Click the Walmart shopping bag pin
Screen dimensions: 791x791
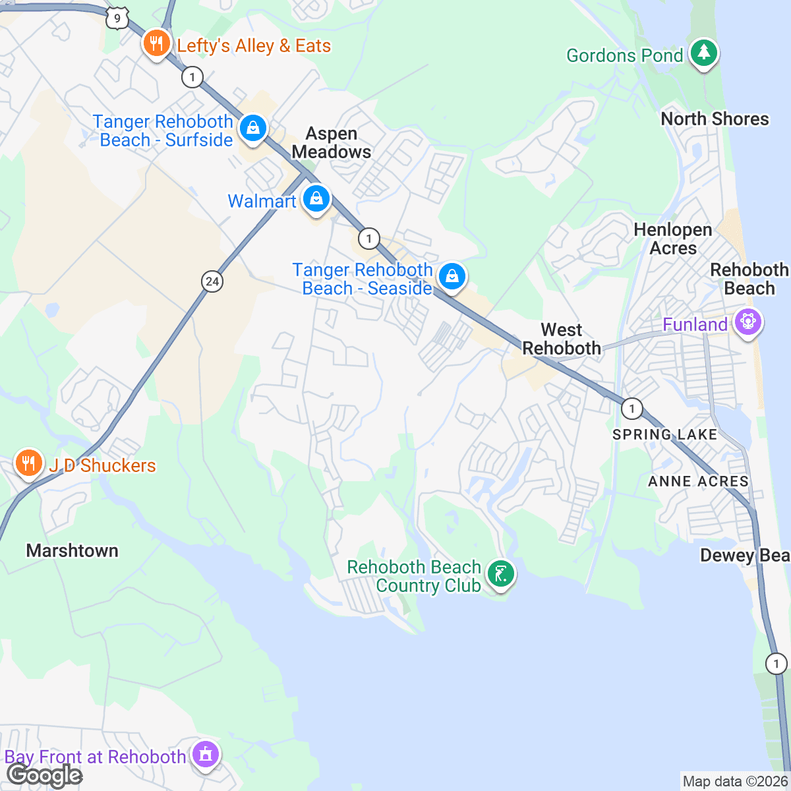click(316, 198)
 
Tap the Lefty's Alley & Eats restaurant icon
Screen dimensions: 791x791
click(156, 44)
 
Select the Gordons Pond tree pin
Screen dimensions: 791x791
click(704, 53)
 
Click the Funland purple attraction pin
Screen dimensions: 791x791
click(747, 322)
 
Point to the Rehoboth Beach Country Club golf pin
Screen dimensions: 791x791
click(501, 574)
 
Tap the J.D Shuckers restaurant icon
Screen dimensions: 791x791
click(28, 463)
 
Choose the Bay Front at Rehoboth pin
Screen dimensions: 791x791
click(205, 754)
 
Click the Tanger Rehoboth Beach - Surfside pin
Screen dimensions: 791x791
click(252, 129)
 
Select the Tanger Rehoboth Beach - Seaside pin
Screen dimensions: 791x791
click(452, 276)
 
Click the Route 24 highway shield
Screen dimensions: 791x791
click(212, 281)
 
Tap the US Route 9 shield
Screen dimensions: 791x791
click(117, 18)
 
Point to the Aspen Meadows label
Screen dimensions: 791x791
click(332, 143)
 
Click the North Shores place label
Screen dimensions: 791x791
click(715, 119)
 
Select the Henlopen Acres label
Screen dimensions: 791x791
click(673, 239)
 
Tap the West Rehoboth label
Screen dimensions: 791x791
click(562, 339)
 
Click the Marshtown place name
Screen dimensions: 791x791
click(73, 551)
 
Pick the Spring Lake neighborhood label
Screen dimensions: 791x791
click(664, 434)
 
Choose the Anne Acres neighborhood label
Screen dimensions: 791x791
click(698, 482)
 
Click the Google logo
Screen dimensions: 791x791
click(44, 776)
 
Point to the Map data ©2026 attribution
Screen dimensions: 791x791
click(734, 782)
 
